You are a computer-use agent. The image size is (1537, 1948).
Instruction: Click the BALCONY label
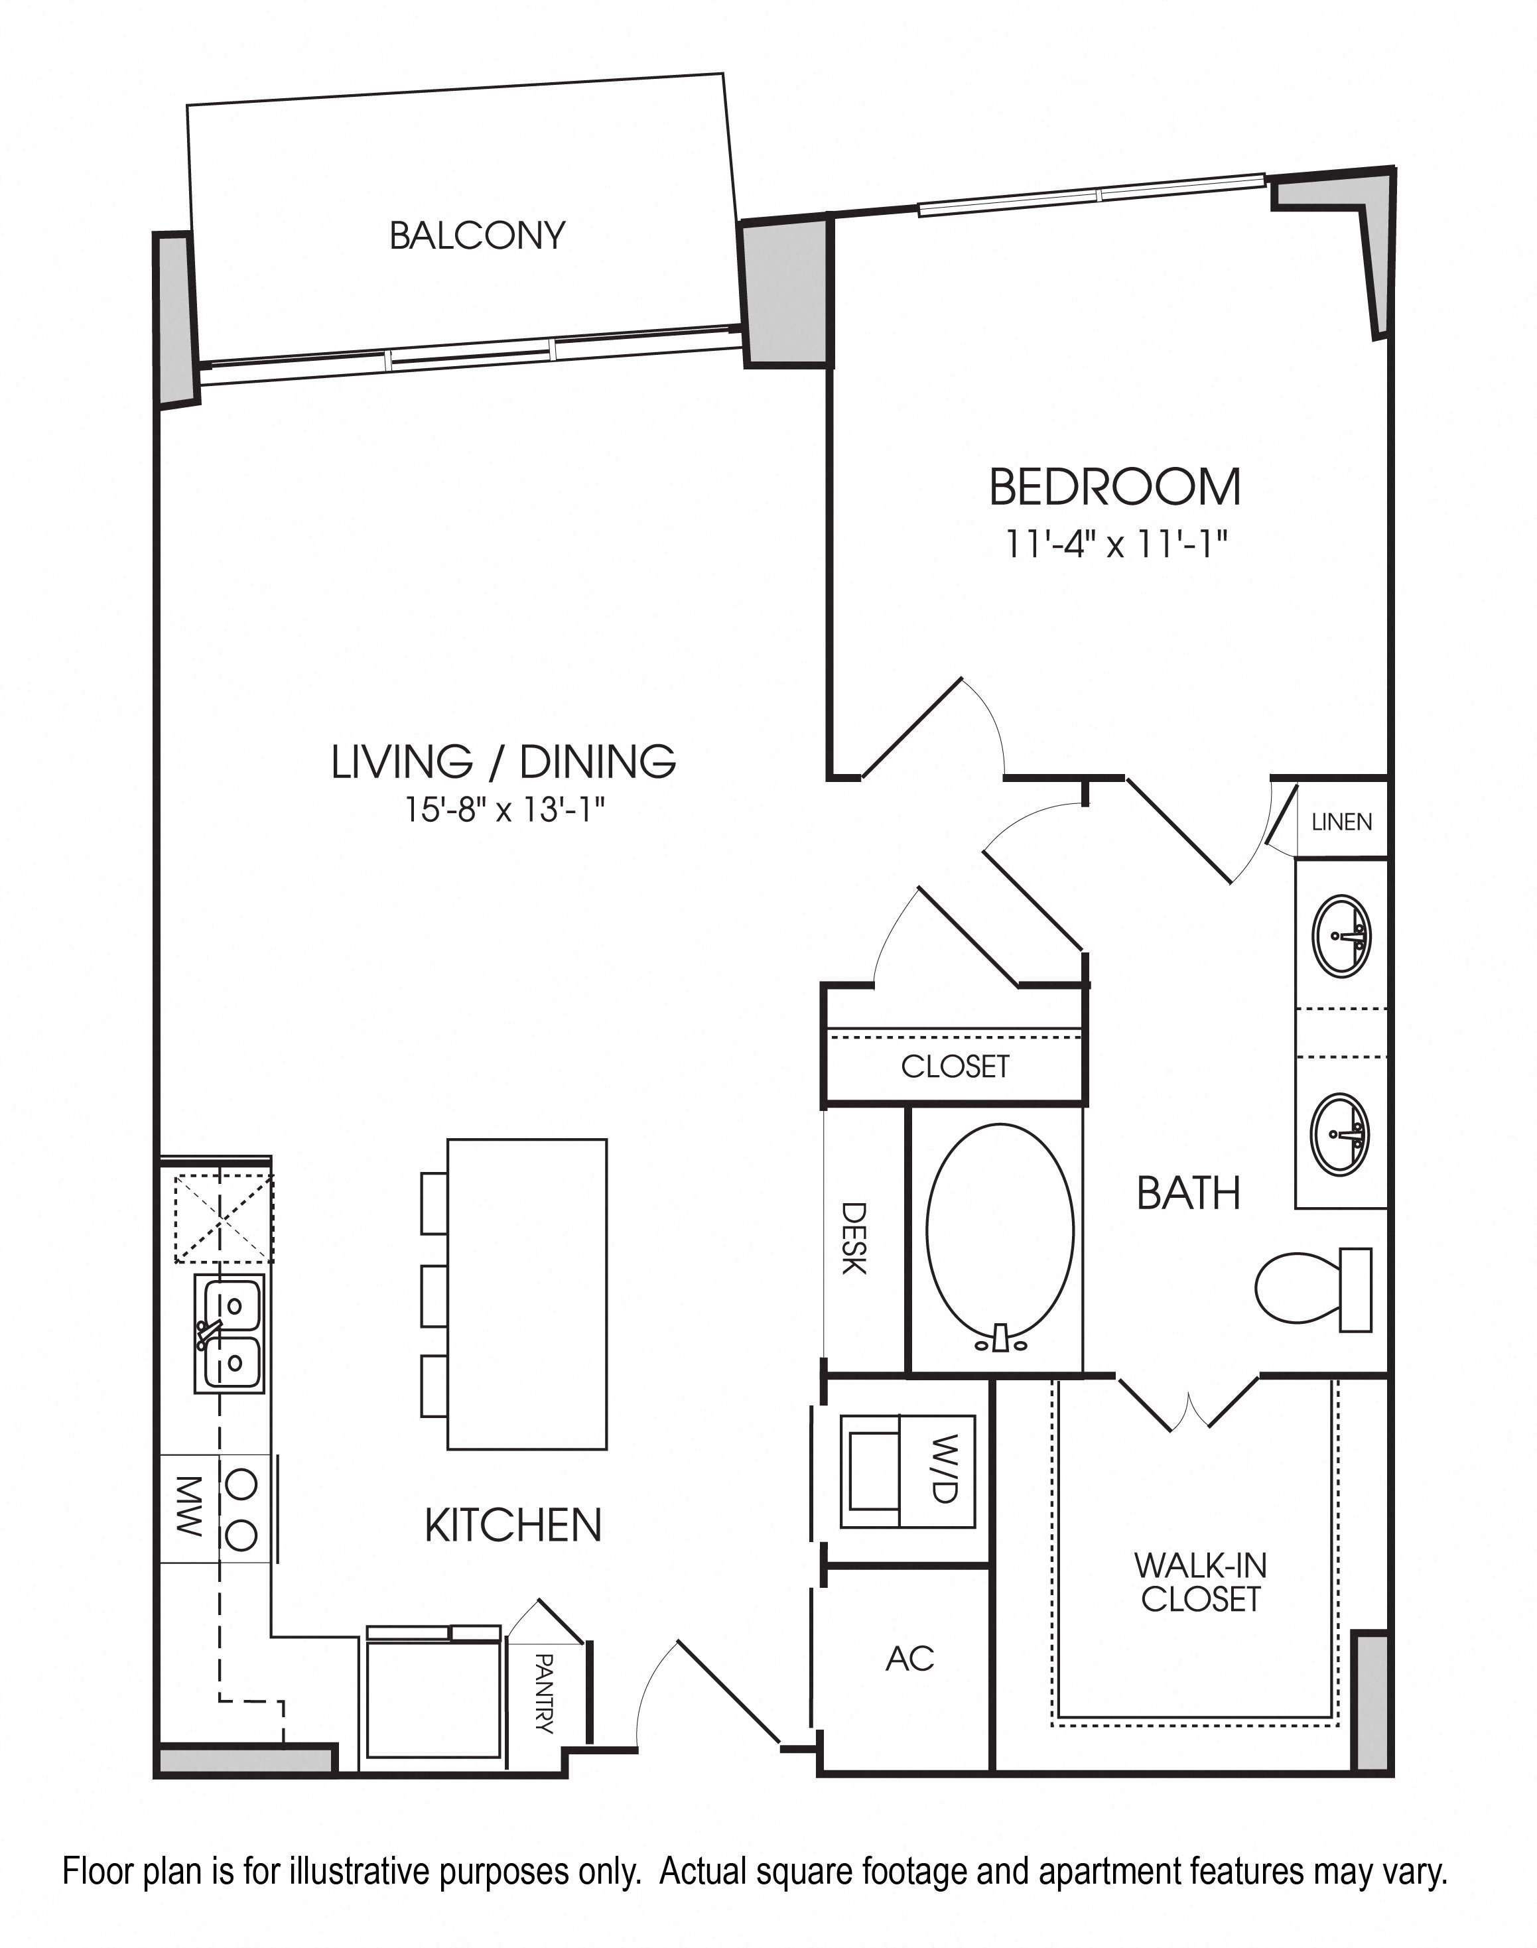pos(477,235)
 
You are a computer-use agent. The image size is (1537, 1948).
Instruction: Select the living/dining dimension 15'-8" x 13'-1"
pos(504,810)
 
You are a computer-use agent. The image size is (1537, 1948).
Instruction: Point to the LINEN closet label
pos(1342,822)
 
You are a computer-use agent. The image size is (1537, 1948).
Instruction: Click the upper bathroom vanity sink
pos(1342,935)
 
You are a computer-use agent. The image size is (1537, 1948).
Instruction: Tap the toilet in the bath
pos(1313,1289)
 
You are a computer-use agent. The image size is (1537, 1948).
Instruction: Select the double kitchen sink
pos(230,1333)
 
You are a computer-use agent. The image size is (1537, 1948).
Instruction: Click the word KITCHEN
pos(513,1525)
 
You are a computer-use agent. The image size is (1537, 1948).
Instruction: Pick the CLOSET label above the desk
pos(955,1067)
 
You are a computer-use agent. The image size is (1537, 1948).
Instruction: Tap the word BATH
pos(1189,1193)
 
